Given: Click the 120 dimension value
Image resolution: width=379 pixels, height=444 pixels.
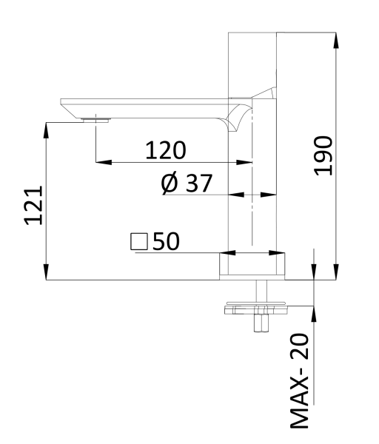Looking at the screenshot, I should [x=165, y=150].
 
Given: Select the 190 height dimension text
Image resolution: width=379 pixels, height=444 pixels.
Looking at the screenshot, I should [x=323, y=156].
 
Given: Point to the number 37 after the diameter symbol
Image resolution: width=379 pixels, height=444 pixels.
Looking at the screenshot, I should [x=199, y=183].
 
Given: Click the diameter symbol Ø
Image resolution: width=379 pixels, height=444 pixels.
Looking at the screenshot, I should [x=170, y=183].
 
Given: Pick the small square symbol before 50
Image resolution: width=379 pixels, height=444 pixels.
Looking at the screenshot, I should [x=138, y=242].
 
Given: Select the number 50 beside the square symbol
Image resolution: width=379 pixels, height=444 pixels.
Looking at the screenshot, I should [x=166, y=242].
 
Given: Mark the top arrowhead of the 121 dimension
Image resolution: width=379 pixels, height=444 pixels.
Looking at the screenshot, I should [x=47, y=126].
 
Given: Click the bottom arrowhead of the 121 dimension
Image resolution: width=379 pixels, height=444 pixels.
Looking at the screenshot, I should [x=47, y=275].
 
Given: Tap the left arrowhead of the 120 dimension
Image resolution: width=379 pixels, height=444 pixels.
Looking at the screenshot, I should [x=101, y=161].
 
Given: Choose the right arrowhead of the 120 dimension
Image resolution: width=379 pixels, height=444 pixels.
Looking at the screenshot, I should [x=248, y=161].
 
